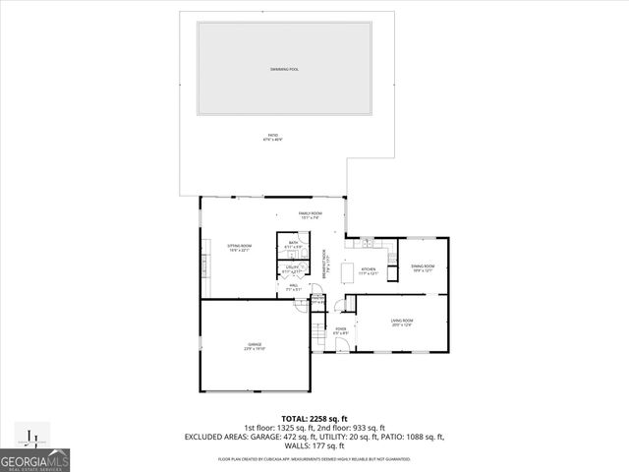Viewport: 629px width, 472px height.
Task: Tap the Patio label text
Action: coord(272,137)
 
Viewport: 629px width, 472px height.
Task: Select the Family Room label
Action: coord(311,215)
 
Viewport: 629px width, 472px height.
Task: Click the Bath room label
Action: coord(293,246)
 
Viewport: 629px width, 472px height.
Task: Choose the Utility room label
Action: coord(293,267)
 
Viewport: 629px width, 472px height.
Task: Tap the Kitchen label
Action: coord(369,270)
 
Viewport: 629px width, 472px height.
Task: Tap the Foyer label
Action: coord(341,331)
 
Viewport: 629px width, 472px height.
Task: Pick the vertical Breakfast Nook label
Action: coord(324,266)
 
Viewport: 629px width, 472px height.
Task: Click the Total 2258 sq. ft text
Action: coord(314,419)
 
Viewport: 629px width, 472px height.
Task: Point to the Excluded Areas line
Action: coord(314,436)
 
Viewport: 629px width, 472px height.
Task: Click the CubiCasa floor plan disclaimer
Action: coord(314,459)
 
